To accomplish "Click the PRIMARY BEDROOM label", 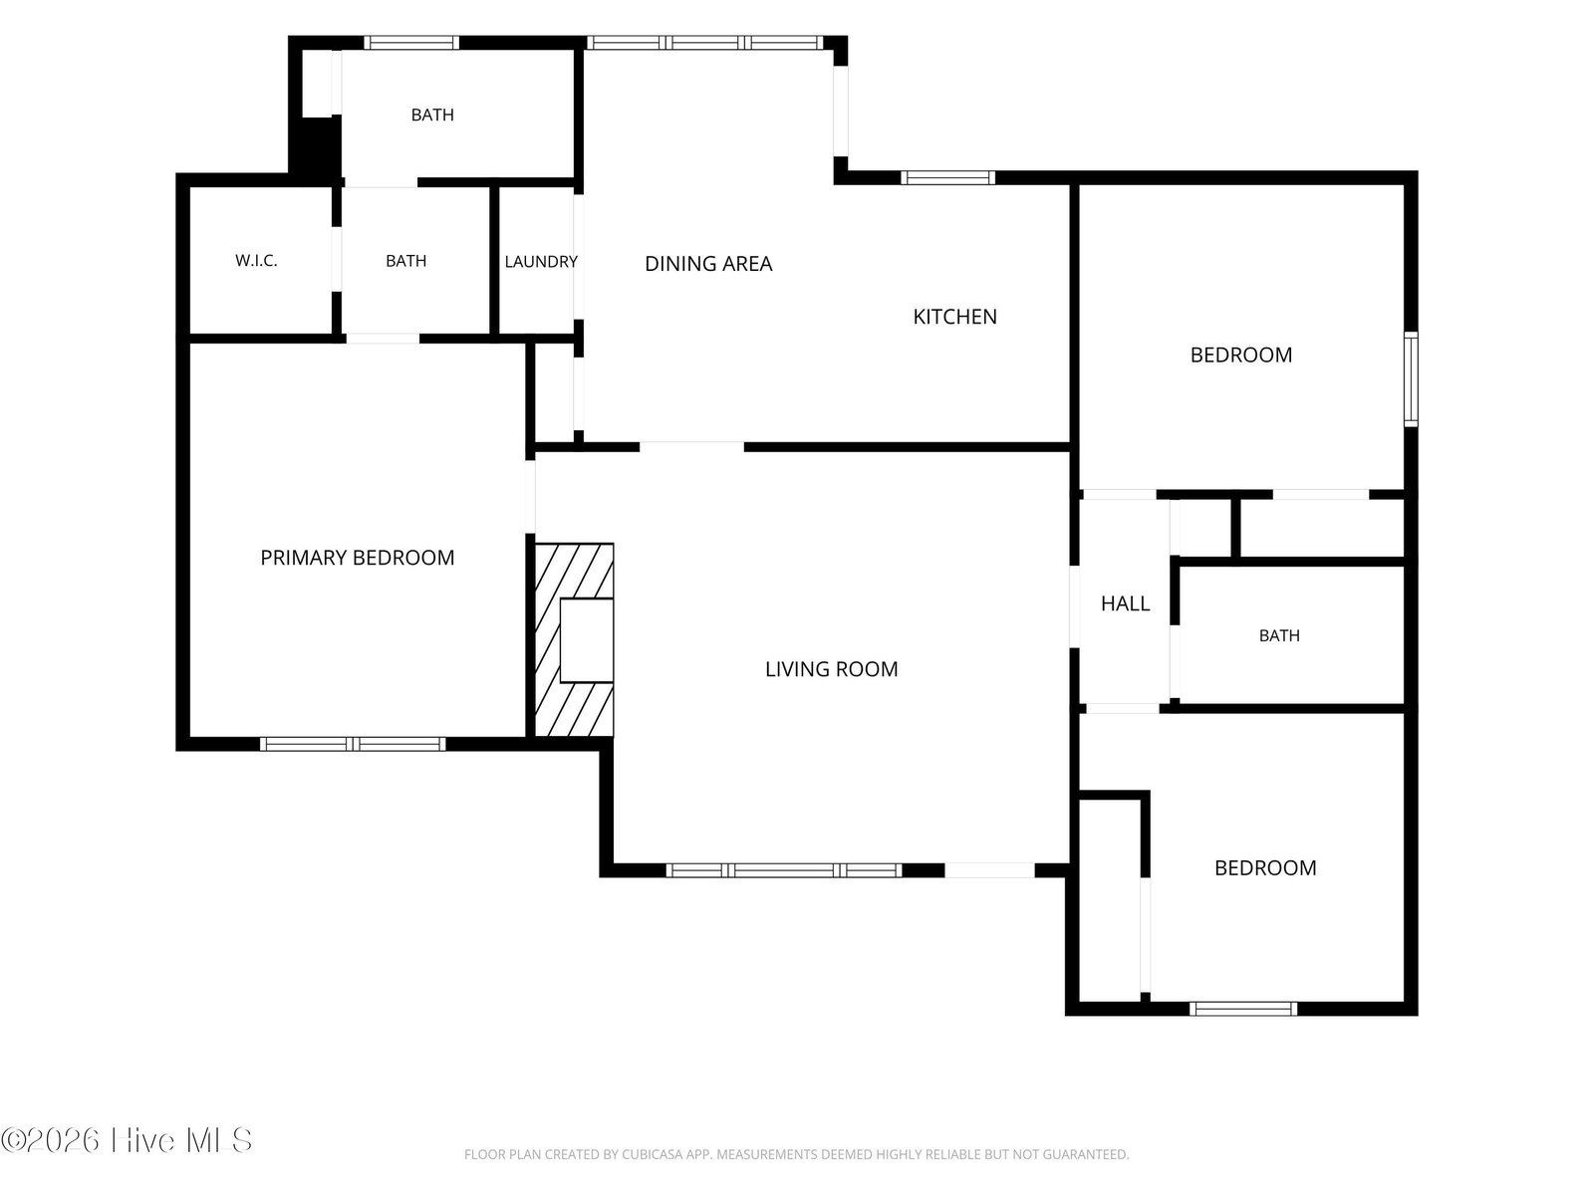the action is (x=358, y=558).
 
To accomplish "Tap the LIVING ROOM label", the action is (x=832, y=669).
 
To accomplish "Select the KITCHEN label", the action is (x=955, y=317).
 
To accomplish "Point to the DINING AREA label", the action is (x=708, y=263).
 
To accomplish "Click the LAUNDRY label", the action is (x=541, y=261).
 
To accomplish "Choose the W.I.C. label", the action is (x=256, y=261).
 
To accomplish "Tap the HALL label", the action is (x=1126, y=603).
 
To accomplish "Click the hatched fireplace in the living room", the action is (x=575, y=639).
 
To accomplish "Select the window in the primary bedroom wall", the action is (x=353, y=744).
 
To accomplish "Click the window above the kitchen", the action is (x=947, y=178).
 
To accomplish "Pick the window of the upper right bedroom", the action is (x=1411, y=378).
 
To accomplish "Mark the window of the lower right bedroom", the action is (x=1243, y=1009).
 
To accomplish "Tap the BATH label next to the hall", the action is (x=1279, y=635).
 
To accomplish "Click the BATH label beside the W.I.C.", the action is (x=405, y=261).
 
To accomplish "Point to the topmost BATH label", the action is (x=432, y=115).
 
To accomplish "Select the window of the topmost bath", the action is (x=411, y=42).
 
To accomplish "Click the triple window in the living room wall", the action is (x=784, y=870).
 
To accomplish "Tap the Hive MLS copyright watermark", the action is (x=127, y=1140).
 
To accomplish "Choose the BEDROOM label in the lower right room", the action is (x=1266, y=867).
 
